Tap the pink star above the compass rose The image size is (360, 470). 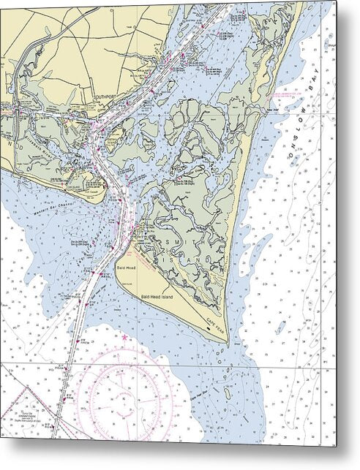tap(124, 338)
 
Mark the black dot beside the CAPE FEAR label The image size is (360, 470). tap(209, 328)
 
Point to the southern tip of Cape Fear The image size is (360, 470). tap(228, 342)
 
